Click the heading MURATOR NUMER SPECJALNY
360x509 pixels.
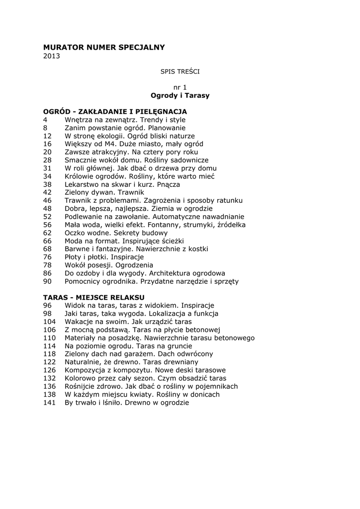103,47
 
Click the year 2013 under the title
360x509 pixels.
51,56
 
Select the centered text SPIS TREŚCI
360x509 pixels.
180,72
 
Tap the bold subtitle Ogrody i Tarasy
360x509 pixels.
180,95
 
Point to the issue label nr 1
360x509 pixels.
180,87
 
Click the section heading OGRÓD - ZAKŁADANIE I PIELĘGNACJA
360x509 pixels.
115,112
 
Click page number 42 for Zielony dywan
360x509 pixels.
48,192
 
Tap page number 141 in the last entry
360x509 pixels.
50,402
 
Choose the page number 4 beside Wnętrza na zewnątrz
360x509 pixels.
45,120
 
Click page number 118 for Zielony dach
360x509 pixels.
50,354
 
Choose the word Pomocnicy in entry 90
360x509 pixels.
83,281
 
